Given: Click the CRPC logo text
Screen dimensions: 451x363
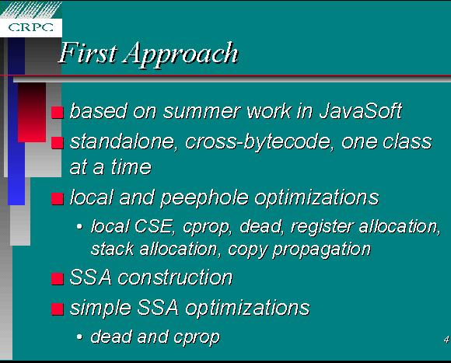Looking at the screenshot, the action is click(x=31, y=27).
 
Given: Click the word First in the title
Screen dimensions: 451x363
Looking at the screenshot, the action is click(x=88, y=53).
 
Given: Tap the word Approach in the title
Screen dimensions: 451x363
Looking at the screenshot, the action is click(x=181, y=54).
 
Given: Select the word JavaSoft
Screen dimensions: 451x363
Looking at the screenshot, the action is click(x=360, y=110).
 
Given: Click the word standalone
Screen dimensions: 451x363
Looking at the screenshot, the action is click(x=122, y=141).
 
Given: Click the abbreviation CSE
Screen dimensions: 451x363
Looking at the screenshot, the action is click(x=154, y=226).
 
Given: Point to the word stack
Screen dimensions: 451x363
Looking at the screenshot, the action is click(x=113, y=249).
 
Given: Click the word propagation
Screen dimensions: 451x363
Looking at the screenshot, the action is click(x=322, y=250).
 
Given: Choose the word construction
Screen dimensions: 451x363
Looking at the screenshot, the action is click(x=175, y=277).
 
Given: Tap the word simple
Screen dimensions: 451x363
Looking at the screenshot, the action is click(x=100, y=309).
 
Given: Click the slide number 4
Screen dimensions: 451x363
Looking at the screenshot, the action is click(x=446, y=340).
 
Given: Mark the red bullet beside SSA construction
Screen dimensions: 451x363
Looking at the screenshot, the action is click(x=58, y=279).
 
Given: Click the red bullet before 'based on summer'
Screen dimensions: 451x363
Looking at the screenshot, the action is click(x=58, y=113).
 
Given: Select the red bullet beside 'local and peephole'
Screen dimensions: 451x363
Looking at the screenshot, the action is click(x=58, y=199).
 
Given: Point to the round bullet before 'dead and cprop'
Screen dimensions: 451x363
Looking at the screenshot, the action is click(x=79, y=337).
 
